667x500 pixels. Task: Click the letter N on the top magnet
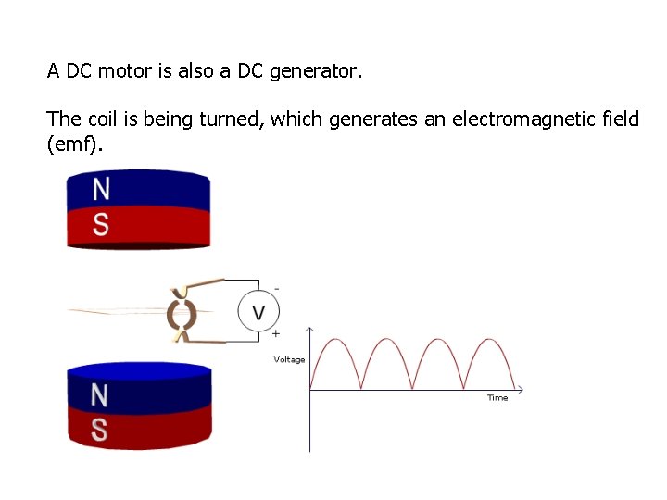click(101, 189)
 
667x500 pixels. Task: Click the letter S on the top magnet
click(101, 223)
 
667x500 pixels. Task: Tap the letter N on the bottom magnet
click(99, 395)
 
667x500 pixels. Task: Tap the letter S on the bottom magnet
click(99, 430)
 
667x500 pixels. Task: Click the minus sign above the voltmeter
click(276, 288)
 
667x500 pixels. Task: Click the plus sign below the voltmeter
click(276, 333)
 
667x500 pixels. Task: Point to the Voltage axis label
click(289, 359)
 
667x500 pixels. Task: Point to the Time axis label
click(497, 398)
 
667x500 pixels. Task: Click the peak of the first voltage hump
click(335, 339)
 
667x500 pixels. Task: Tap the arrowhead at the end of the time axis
click(520, 389)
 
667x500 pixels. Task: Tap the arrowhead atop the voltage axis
click(309, 329)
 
